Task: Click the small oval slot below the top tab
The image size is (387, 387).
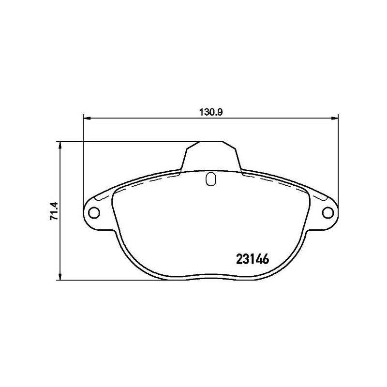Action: [210, 179]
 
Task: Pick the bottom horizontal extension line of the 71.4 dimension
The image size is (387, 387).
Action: [121, 280]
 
